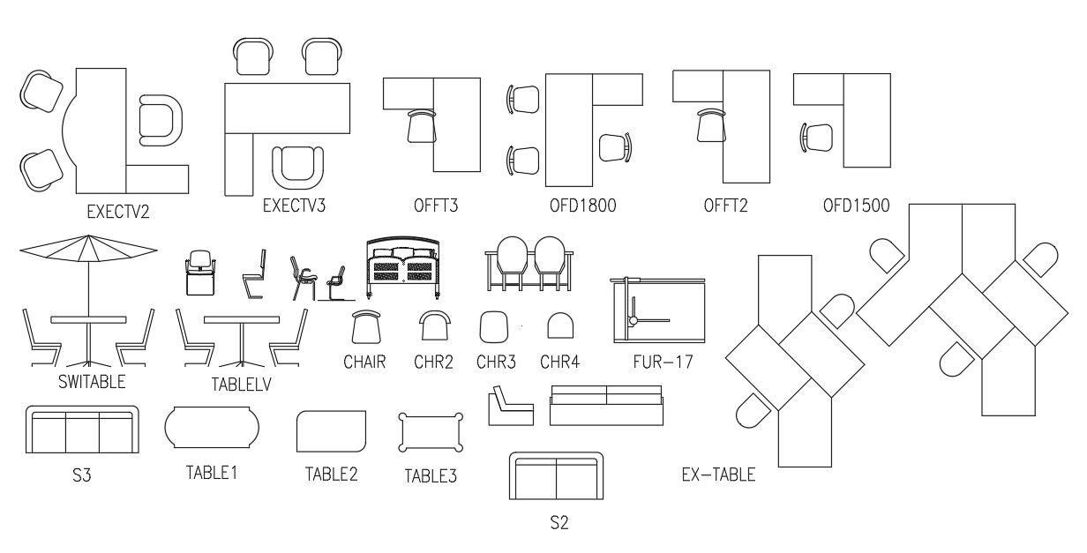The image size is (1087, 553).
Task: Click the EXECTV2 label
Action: click(117, 212)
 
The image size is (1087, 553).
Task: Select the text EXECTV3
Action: click(294, 206)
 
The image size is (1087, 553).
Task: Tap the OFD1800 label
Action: click(581, 206)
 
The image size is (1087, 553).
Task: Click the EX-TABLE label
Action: click(718, 475)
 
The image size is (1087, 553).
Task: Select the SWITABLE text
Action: click(92, 382)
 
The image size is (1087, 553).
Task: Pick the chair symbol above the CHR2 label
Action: click(433, 327)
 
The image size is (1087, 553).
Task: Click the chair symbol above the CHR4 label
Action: click(558, 327)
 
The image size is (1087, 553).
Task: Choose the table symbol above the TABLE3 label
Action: click(431, 432)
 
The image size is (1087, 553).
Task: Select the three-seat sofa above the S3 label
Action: click(82, 430)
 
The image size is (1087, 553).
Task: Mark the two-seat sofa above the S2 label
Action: click(557, 477)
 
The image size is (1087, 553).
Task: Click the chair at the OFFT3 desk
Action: click(422, 126)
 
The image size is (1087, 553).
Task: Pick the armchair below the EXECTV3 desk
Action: click(297, 167)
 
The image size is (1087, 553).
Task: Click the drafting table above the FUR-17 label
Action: click(659, 310)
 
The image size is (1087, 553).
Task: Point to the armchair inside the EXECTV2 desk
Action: click(160, 120)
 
